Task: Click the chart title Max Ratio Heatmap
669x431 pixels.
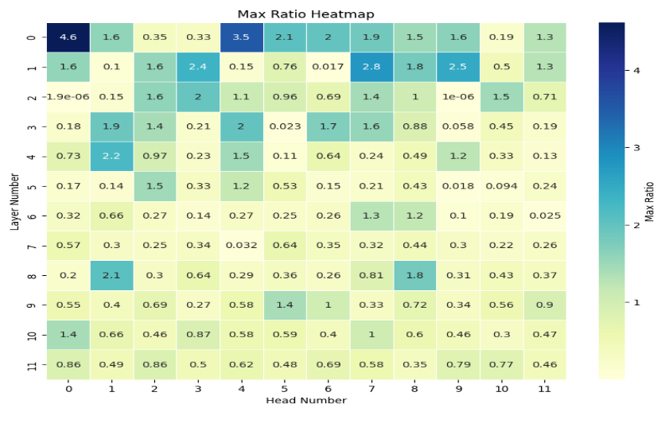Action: pos(305,14)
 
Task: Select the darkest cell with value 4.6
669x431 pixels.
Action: pos(68,37)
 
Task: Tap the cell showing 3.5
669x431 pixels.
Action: pos(241,37)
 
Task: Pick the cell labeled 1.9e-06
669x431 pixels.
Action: pos(68,95)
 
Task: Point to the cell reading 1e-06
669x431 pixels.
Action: pos(457,95)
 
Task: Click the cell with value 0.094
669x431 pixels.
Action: pos(500,185)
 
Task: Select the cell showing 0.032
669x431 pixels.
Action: pos(241,245)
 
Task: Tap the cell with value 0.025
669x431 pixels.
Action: pos(544,215)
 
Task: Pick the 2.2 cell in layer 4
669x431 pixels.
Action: pos(111,155)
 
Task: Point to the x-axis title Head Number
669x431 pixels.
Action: pos(305,400)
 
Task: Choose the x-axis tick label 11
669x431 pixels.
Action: pos(544,389)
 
